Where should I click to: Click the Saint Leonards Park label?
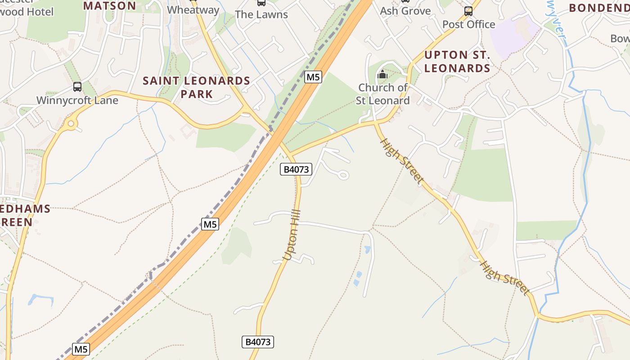tap(197, 87)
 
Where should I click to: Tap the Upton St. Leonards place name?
tap(457, 62)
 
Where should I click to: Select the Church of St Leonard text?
tap(382, 94)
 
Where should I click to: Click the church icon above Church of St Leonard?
tap(382, 75)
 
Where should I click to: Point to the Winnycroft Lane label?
tap(77, 100)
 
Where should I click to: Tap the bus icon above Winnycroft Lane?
tap(77, 86)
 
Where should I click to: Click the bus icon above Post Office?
tap(468, 11)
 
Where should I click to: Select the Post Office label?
tap(468, 24)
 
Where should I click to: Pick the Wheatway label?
tap(193, 10)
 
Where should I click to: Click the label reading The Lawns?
tap(261, 14)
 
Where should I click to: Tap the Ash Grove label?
tap(405, 11)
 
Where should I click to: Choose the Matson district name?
tap(110, 5)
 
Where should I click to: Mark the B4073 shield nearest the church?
tap(296, 169)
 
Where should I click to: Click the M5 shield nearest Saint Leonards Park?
tap(313, 77)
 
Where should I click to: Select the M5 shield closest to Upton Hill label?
tap(210, 224)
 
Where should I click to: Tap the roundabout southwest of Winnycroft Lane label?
tap(71, 123)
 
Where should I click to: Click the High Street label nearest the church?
tap(402, 161)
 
